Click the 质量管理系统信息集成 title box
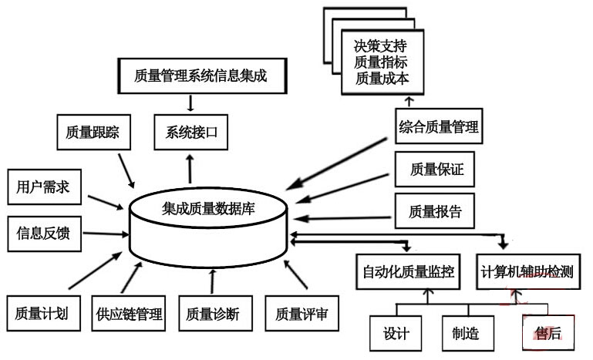199,76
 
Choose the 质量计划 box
42,314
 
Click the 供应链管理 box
129,314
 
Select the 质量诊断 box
212,314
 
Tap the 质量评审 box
302,314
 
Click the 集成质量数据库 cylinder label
208,207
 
